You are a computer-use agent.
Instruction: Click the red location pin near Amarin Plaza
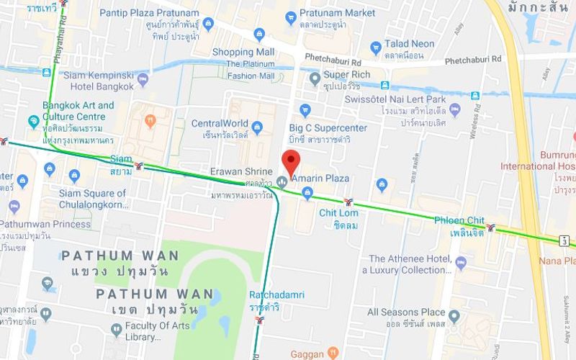[x=290, y=163]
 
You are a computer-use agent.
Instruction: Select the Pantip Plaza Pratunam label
[x=149, y=12]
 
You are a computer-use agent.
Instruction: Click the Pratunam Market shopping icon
[x=291, y=18]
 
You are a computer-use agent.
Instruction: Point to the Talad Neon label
[x=409, y=44]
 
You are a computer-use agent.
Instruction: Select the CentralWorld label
[x=220, y=123]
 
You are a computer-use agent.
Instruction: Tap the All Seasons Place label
[x=405, y=312]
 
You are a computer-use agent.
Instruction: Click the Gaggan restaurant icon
[x=333, y=353]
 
